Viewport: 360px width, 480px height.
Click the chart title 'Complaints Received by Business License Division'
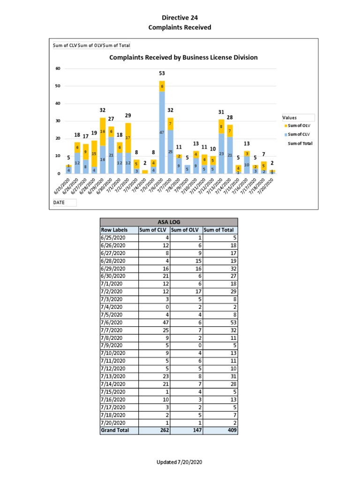(x=183, y=58)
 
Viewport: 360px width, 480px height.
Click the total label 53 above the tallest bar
(x=162, y=74)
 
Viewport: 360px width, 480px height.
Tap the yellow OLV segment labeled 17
(x=128, y=138)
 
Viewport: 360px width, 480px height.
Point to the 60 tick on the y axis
(x=58, y=68)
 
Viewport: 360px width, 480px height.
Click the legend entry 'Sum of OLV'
(x=300, y=127)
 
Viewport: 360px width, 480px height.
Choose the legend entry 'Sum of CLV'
(x=300, y=135)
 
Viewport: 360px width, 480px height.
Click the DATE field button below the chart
(x=64, y=202)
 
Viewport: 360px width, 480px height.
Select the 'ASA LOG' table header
(x=169, y=222)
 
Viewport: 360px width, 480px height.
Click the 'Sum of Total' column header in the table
(x=220, y=230)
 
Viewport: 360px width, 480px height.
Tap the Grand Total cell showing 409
(x=230, y=430)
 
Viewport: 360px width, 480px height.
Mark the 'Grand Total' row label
(x=115, y=430)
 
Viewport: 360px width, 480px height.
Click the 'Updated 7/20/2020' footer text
(x=180, y=463)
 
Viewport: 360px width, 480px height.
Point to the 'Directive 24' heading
(x=180, y=18)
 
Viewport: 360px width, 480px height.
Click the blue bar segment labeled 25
(x=171, y=152)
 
